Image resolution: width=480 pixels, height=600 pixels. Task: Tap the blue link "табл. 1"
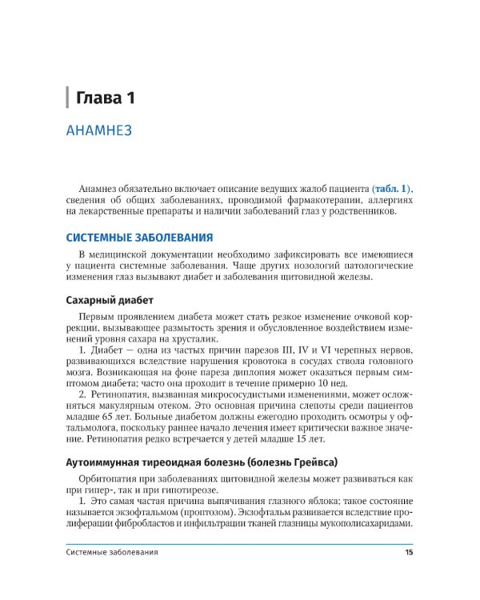390,187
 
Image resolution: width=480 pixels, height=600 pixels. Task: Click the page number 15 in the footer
409,552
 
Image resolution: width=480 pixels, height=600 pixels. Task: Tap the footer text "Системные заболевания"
112,552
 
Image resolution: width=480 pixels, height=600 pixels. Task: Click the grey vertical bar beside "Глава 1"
68,98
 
